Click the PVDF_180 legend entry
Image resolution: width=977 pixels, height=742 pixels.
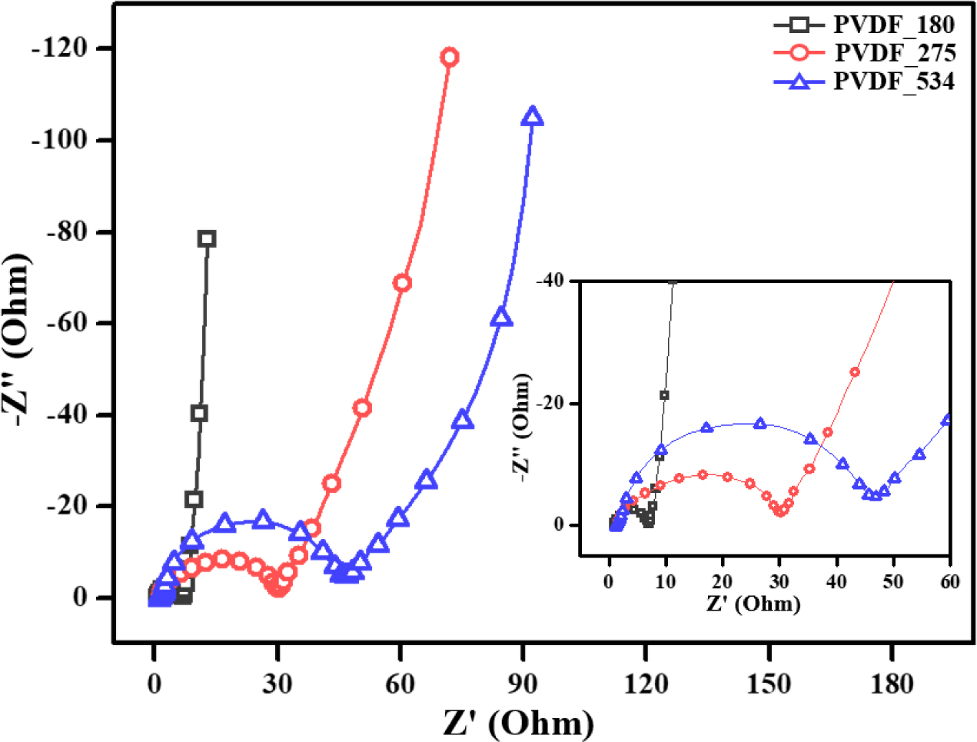894,25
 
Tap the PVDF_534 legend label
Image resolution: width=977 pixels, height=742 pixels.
894,80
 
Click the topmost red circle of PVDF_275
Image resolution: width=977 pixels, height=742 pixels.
450,57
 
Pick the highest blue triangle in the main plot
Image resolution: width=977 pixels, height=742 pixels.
532,117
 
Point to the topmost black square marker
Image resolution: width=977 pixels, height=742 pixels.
206,238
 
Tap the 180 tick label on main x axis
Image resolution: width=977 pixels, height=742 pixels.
892,683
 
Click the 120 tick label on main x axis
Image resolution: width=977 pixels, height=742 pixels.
646,683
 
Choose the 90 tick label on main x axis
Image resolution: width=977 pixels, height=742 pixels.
523,683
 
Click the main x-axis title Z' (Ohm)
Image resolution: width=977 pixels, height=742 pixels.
519,723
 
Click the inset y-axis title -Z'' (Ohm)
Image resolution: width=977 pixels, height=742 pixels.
522,428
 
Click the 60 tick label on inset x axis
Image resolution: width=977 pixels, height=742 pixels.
950,581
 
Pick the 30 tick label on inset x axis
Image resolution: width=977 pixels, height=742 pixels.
779,581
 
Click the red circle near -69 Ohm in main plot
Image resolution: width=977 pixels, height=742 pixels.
401,283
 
